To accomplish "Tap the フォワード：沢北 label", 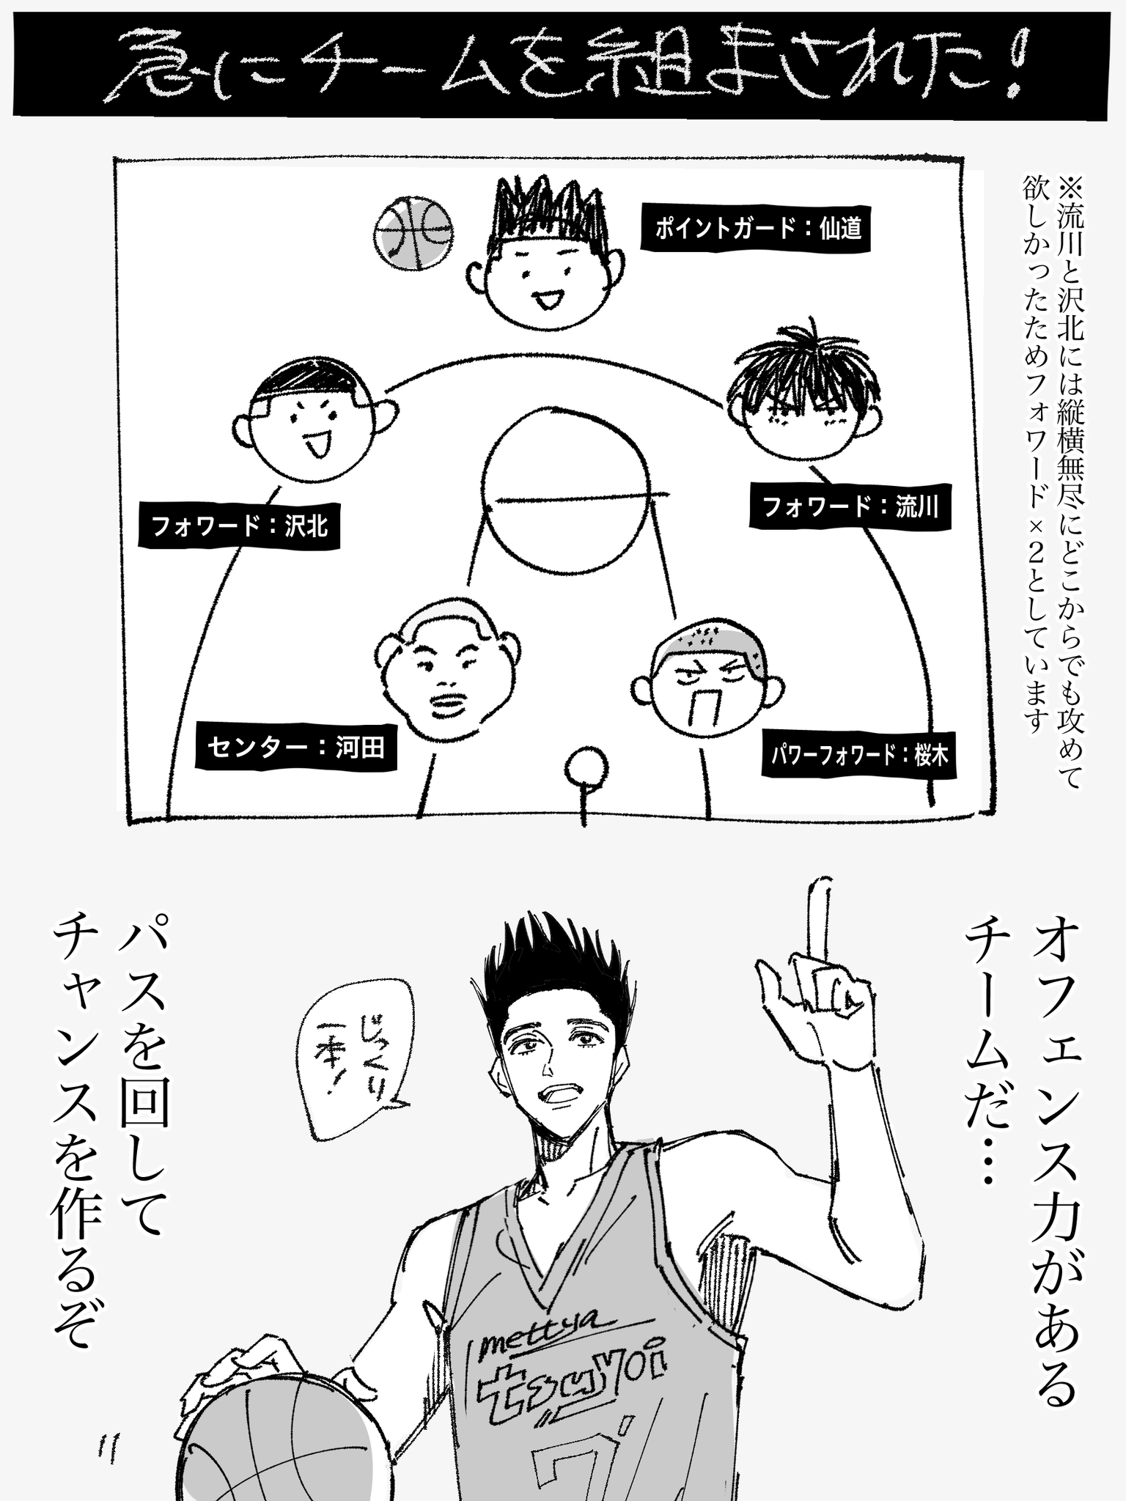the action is click(x=240, y=525).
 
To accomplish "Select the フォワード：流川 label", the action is click(x=850, y=506).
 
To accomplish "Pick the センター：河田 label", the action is click(x=296, y=747).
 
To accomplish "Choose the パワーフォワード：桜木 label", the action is click(x=859, y=754).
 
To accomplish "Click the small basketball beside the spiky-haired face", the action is click(x=413, y=233).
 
